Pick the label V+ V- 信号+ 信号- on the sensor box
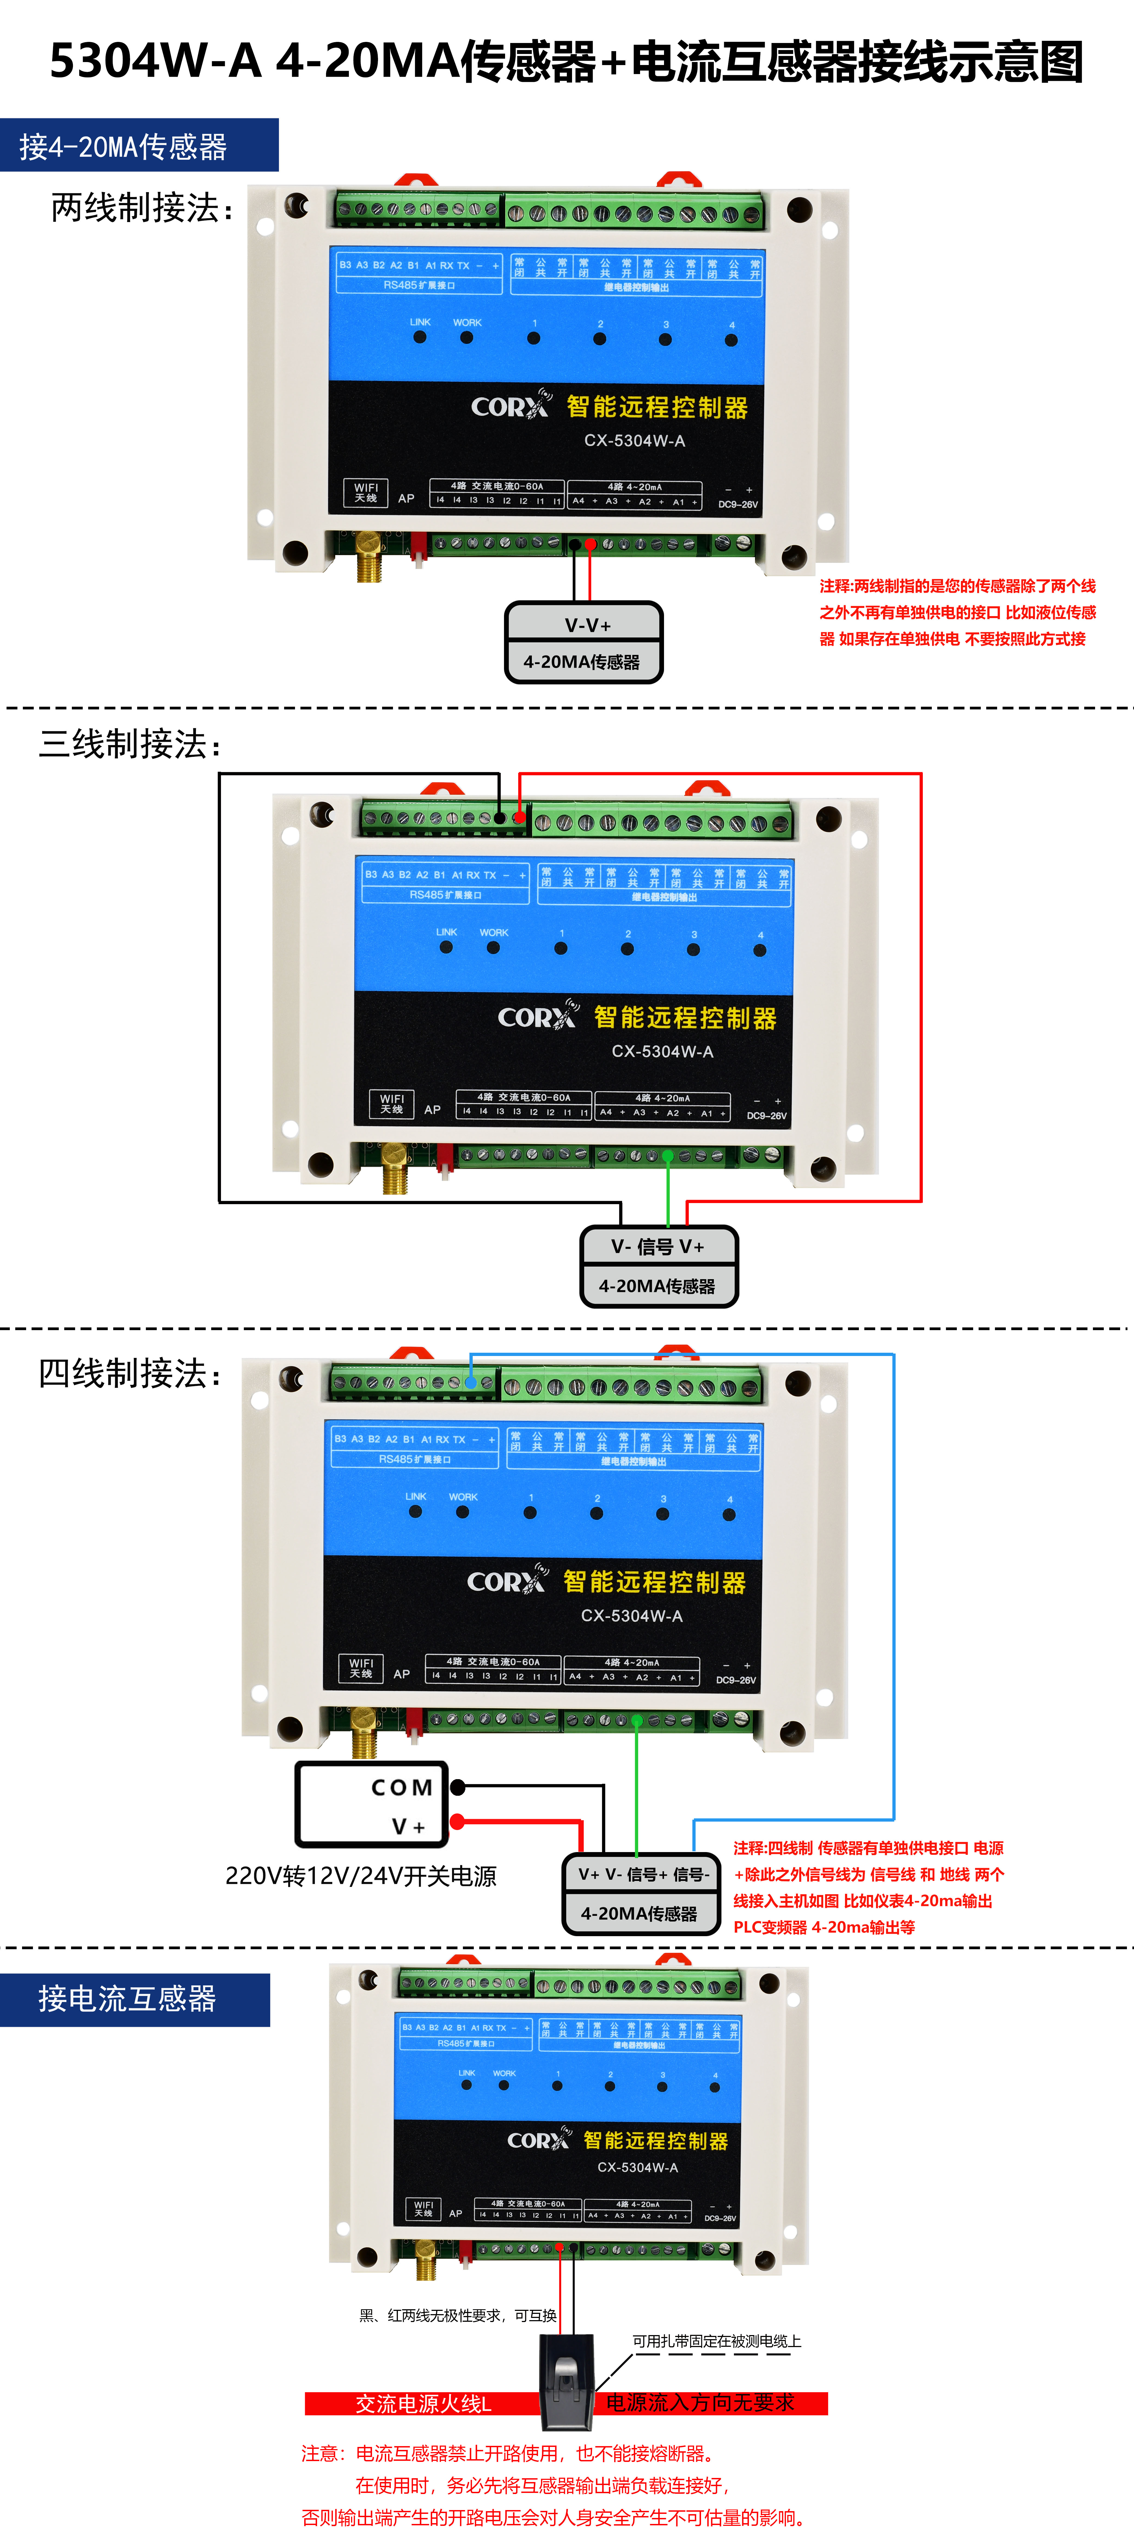643,1874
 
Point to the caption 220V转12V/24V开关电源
361,1875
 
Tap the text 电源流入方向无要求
700,2403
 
